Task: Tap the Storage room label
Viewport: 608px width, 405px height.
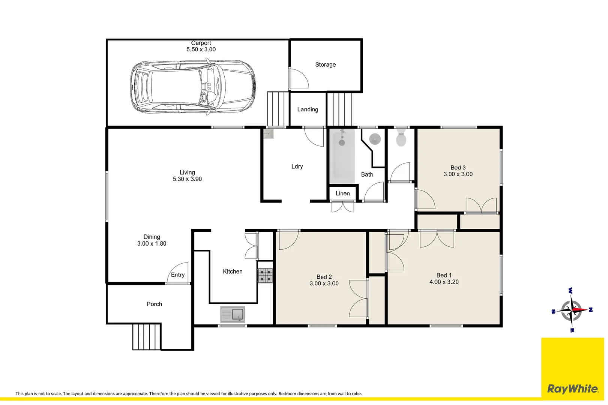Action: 326,64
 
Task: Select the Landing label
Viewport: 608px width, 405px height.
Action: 308,109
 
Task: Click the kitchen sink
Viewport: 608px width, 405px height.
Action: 233,314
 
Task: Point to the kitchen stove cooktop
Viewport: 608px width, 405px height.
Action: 265,276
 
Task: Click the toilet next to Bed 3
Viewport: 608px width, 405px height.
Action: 401,137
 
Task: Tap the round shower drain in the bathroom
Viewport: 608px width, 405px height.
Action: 375,139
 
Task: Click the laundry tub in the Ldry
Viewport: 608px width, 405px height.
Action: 269,134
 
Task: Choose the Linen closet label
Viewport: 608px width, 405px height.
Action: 342,193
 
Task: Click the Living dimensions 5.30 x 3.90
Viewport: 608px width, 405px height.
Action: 187,179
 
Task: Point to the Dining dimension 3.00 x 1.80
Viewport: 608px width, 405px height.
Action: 152,243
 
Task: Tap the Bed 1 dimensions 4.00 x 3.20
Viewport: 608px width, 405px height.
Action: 444,282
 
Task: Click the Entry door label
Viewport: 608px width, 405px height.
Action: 178,275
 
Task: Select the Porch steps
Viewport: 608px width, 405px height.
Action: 147,337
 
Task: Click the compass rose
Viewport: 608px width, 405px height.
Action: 572,310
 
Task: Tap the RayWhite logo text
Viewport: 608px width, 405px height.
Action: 573,389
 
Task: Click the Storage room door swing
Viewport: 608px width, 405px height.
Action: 299,78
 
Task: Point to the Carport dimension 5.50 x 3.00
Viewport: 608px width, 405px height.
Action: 201,49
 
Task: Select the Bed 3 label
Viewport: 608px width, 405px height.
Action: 458,168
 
